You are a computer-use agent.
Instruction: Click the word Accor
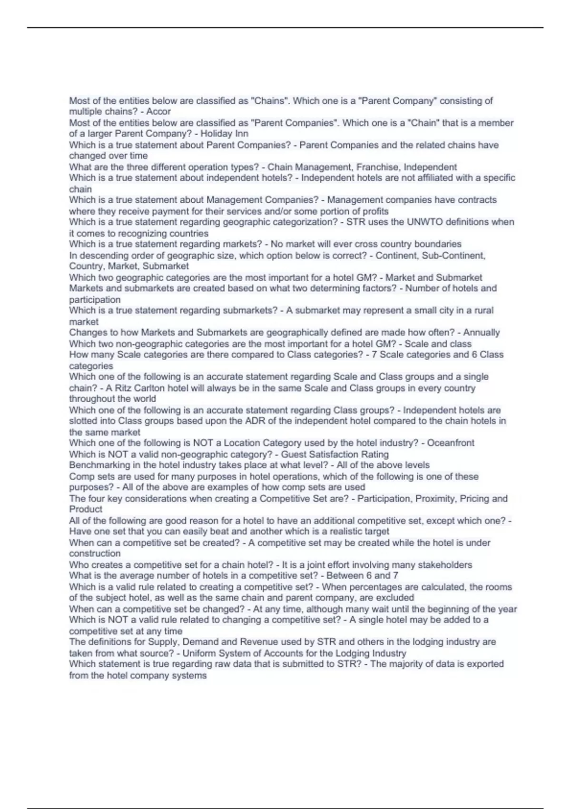(158, 111)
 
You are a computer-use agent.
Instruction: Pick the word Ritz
(126, 388)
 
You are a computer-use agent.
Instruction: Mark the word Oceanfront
(450, 443)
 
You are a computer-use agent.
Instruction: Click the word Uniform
(198, 653)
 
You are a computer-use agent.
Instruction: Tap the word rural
(482, 311)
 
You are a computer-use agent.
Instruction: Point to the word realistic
(343, 532)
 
